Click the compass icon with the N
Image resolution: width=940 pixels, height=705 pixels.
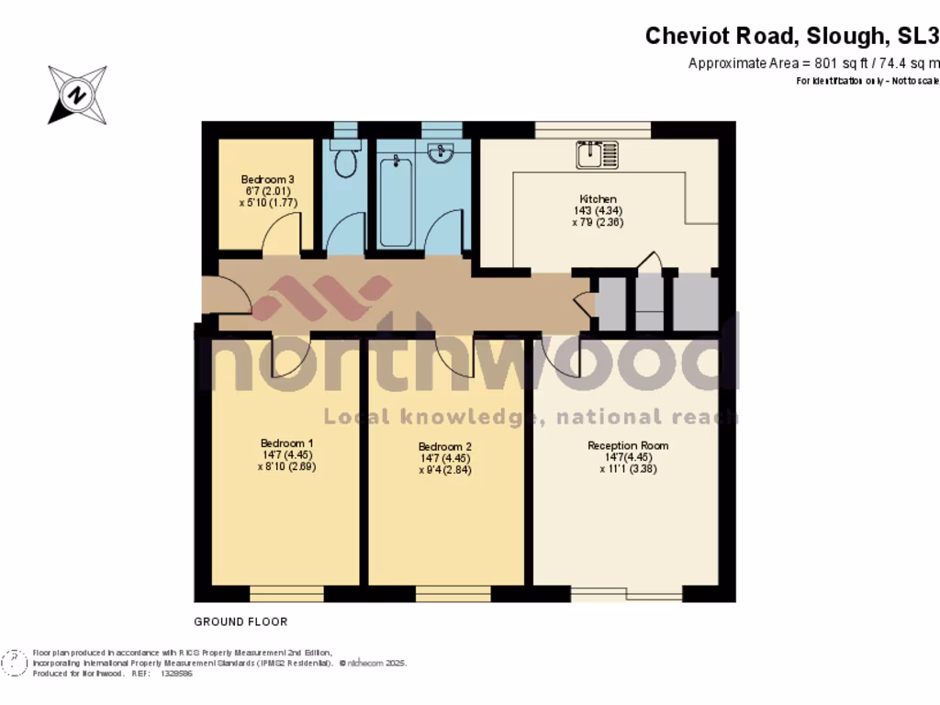click(x=77, y=95)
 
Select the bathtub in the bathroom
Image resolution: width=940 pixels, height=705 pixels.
click(x=396, y=200)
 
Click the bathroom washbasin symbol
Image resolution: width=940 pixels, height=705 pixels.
click(x=449, y=152)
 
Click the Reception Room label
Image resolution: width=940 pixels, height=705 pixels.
click(x=628, y=445)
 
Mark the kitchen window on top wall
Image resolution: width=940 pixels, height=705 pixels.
click(x=593, y=129)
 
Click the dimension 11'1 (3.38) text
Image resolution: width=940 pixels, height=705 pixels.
click(x=628, y=468)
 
